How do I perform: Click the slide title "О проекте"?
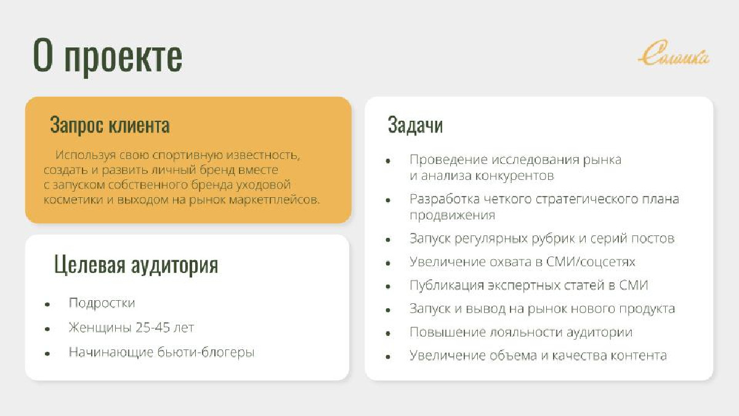(x=108, y=56)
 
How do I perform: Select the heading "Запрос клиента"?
(x=110, y=125)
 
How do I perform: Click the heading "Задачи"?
(x=415, y=125)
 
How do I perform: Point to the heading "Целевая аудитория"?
(x=136, y=265)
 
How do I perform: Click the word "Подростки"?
(x=102, y=303)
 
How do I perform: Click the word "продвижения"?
(x=452, y=216)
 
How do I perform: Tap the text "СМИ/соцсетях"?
(x=591, y=262)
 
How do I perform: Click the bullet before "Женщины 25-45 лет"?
(x=47, y=329)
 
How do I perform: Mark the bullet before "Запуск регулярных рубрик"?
(x=388, y=240)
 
